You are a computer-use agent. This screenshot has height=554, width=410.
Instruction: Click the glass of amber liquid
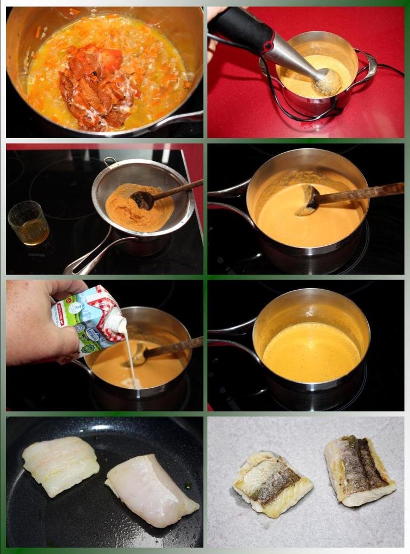click(x=28, y=223)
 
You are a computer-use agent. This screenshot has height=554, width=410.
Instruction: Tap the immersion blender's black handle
click(x=238, y=27)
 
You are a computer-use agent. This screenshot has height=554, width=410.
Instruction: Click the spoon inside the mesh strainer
click(x=144, y=199)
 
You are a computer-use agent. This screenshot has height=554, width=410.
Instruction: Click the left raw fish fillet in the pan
click(x=60, y=465)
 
